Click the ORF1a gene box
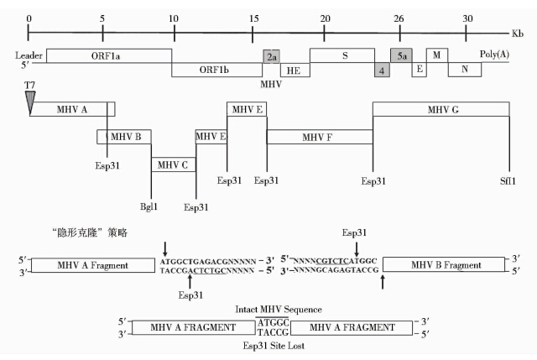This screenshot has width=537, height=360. pos(109,56)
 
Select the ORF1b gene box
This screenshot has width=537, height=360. pos(216,70)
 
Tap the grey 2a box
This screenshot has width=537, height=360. pos(271,56)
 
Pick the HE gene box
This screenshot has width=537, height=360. pos(295,70)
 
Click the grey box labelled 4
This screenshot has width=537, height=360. pos(382,70)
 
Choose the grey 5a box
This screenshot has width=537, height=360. pos(401,55)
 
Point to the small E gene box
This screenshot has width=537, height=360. pos(420,70)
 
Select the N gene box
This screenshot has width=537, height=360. pos(465,70)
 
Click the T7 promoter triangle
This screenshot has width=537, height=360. pos(30,102)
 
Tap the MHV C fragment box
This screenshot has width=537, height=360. pos(174,164)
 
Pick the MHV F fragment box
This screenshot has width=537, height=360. pos(320,137)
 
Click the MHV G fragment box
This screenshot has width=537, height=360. pos(441,109)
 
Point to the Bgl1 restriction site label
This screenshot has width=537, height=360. pos(149,206)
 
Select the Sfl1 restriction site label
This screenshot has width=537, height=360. pos(508,180)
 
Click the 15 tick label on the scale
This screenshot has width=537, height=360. pos(253,18)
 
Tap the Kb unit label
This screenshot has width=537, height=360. pos(518,34)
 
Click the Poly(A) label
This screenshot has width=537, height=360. pos(494,54)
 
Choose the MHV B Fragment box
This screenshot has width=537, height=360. pos(444,264)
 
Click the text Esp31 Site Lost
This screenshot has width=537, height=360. pos(274,345)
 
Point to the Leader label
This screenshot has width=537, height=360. pos(29,55)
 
